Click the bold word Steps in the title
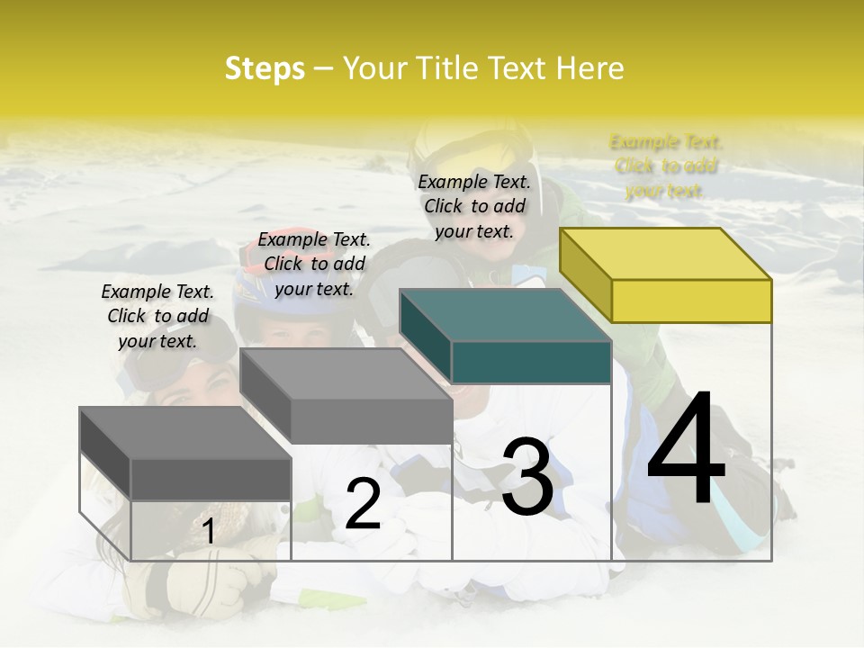click(265, 68)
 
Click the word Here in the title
click(590, 68)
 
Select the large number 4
click(686, 450)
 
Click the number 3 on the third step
click(527, 477)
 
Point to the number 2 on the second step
click(363, 504)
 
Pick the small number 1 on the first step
click(209, 532)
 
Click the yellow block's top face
click(666, 254)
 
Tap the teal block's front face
click(531, 363)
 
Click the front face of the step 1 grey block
click(211, 479)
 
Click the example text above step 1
click(157, 317)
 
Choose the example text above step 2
click(314, 265)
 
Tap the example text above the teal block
click(474, 207)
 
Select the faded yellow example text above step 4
click(666, 166)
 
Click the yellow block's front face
click(691, 301)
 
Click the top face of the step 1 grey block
click(184, 433)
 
